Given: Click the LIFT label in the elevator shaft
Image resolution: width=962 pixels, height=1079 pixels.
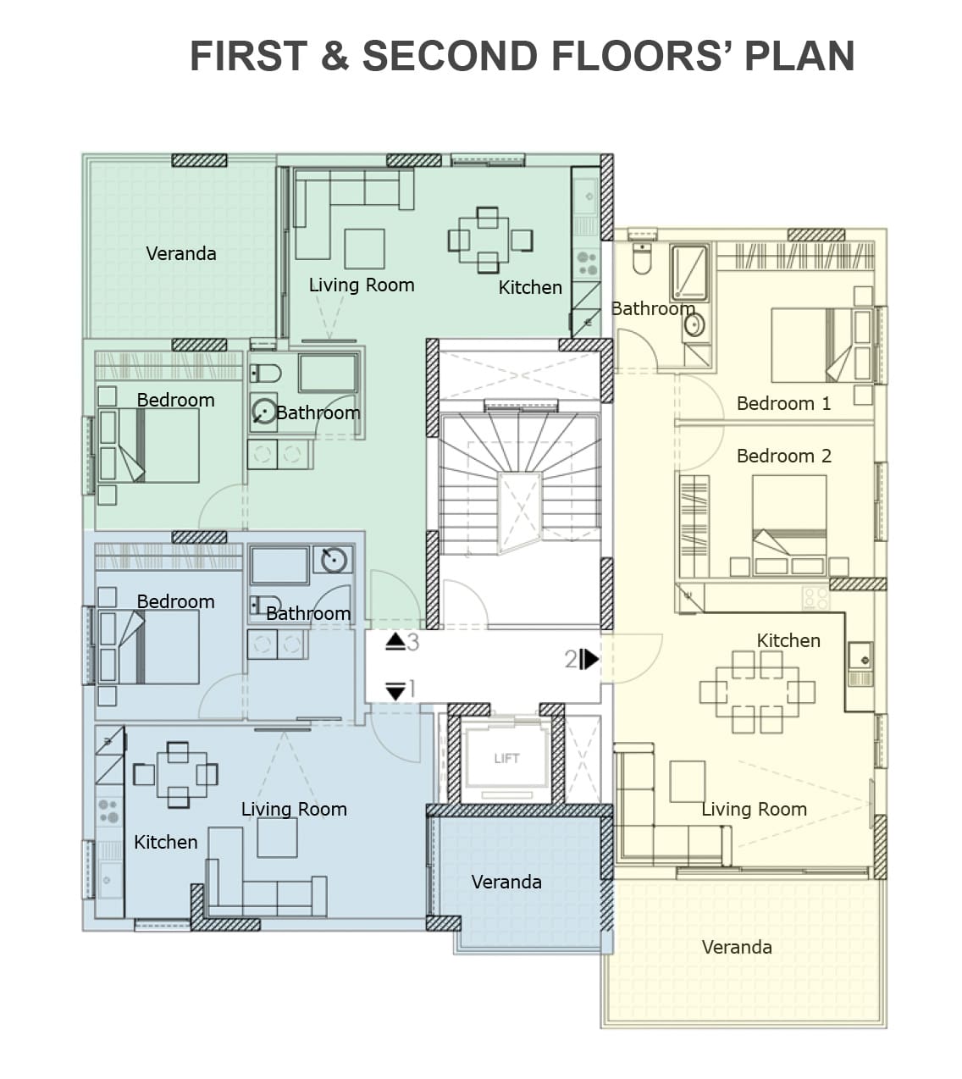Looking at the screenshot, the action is (506, 758).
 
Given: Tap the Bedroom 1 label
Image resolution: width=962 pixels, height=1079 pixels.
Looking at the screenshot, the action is (783, 403).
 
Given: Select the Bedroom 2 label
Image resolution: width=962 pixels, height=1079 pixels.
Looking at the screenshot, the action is (783, 456).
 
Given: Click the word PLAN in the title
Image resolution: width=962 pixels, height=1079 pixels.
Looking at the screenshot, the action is (799, 56).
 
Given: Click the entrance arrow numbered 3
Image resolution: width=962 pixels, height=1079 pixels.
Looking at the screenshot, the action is (395, 642).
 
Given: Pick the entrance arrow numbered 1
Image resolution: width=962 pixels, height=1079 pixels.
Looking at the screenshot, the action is (395, 691).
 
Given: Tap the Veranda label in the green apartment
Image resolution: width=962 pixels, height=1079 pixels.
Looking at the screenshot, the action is (181, 253).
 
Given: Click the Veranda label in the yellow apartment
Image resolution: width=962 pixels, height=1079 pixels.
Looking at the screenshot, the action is (737, 948).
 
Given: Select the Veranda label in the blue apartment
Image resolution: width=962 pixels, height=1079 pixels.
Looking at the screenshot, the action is (506, 883).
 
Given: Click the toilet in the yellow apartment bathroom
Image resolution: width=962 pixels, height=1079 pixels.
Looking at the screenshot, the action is (642, 258).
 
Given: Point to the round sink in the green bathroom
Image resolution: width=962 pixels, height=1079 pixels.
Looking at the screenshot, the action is (263, 412).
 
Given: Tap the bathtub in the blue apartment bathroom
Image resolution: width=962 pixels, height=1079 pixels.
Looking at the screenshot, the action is (279, 566).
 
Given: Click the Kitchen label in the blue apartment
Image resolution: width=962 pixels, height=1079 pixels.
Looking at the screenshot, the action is (166, 842).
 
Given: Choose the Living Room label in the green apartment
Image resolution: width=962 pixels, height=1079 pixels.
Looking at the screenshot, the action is (362, 285).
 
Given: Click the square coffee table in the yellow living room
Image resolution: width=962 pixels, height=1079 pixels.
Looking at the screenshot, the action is (687, 782).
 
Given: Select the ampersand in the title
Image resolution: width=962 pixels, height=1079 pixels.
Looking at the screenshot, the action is (335, 56).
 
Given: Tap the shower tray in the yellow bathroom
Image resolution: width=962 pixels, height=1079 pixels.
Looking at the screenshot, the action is (690, 272).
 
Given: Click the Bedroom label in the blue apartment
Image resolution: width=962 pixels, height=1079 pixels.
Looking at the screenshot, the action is (176, 602).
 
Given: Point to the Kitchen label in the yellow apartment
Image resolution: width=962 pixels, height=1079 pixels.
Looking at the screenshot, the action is (788, 640).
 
